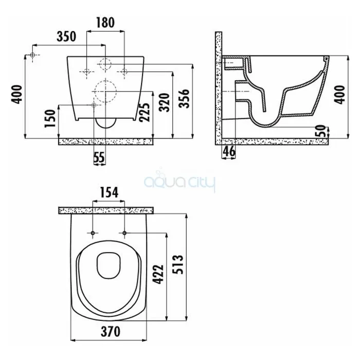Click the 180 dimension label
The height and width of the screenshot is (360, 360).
coord(105,23)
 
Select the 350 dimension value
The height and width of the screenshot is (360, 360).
coord(66,37)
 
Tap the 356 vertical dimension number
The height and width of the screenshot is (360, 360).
coord(184,99)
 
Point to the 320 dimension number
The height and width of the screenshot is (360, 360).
coord(165,102)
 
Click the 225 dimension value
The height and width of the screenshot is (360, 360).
coord(145,112)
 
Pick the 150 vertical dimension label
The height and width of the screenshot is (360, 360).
coord(50,118)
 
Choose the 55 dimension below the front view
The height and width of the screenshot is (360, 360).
coord(99,157)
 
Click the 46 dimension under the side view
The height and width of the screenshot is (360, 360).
coord(229,151)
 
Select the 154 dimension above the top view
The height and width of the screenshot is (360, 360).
coord(109,193)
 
